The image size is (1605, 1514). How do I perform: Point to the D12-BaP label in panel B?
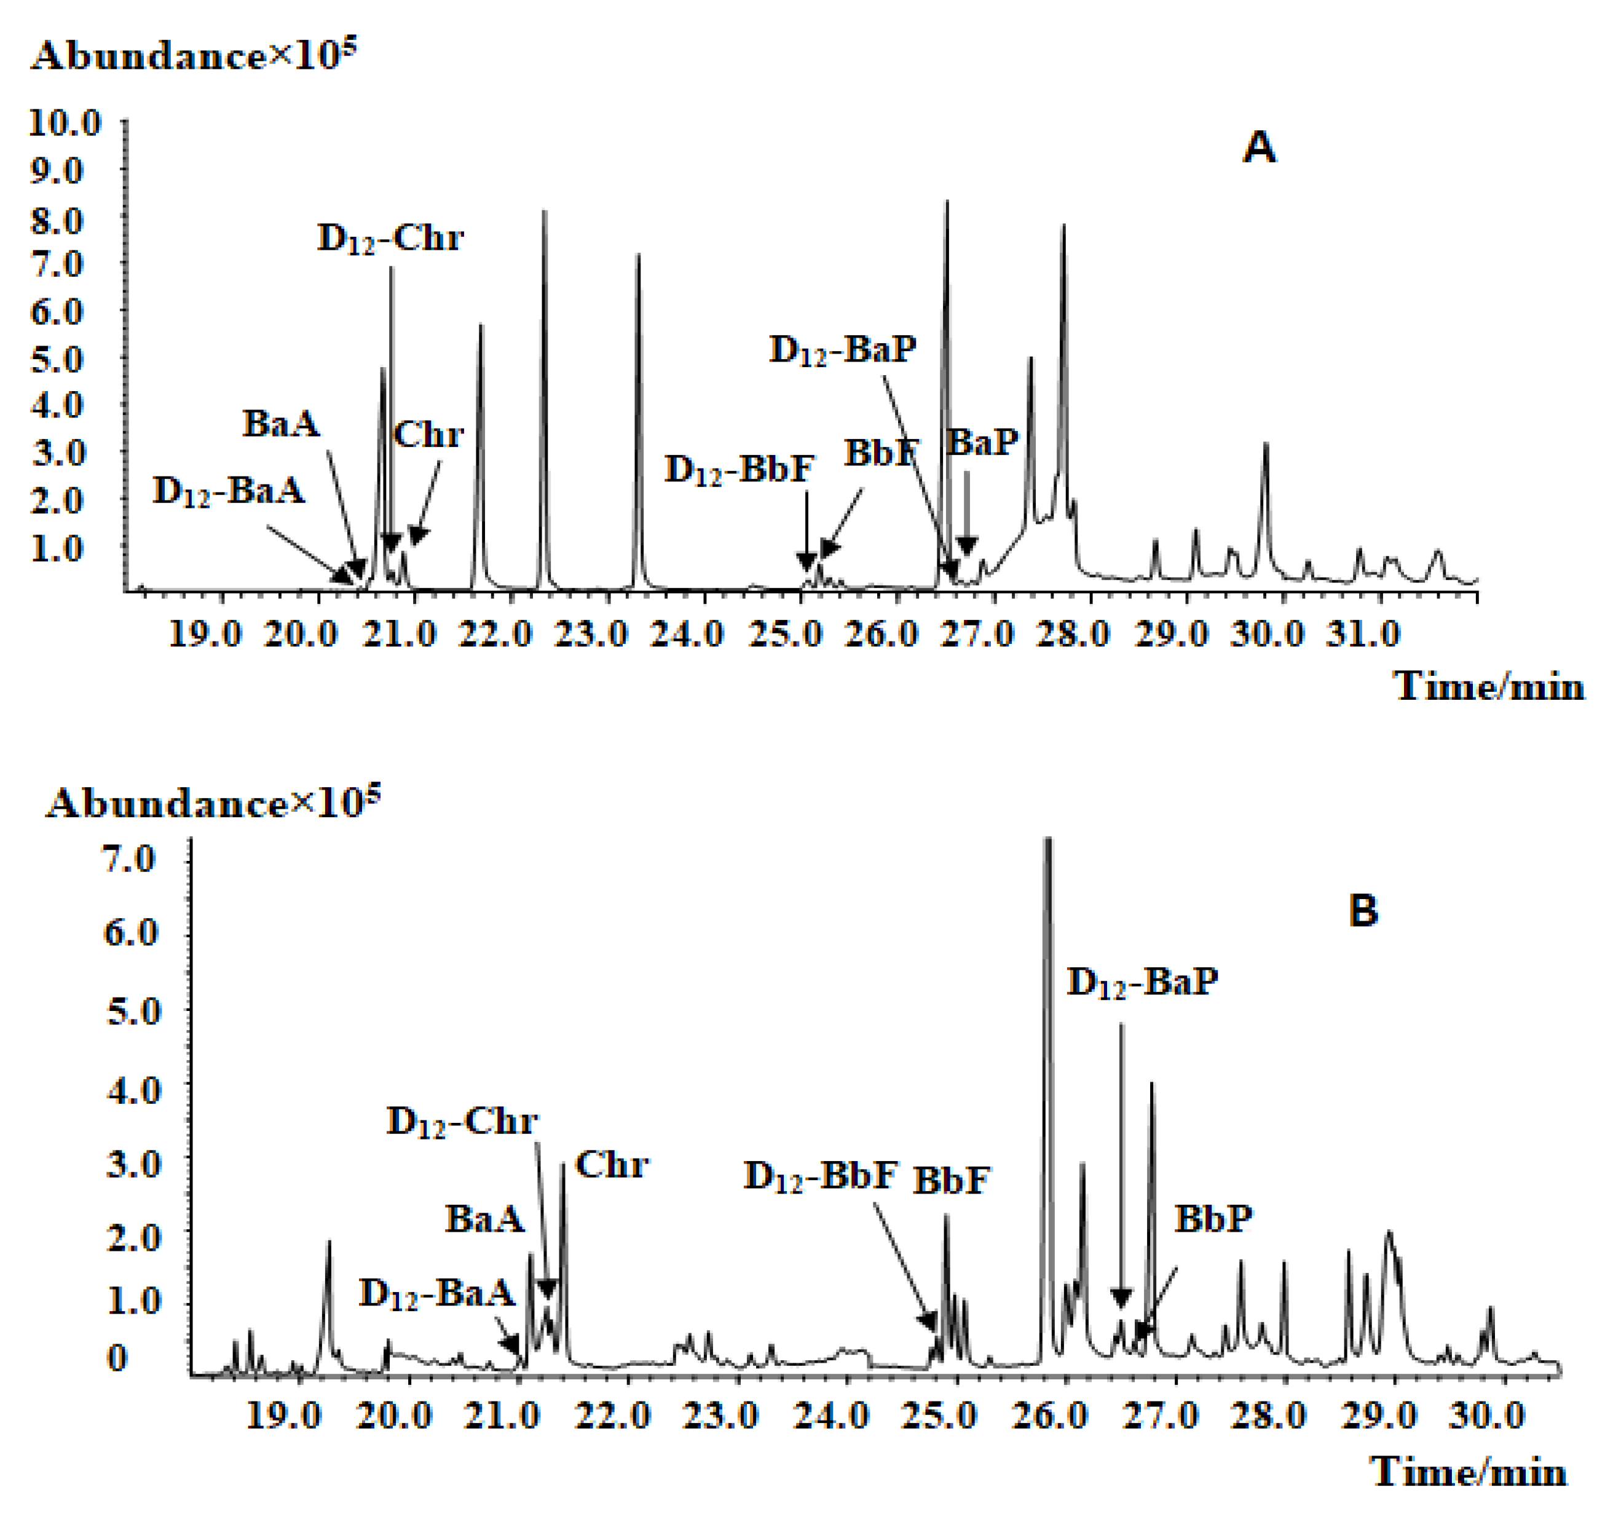1142,983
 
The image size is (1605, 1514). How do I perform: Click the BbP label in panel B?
1213,1219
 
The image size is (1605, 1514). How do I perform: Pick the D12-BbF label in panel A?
739,470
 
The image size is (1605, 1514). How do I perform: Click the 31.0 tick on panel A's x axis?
1363,635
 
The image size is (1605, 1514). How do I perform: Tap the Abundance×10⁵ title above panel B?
212,804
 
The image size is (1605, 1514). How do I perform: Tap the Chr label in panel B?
611,1165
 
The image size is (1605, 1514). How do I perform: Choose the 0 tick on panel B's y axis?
118,1359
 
